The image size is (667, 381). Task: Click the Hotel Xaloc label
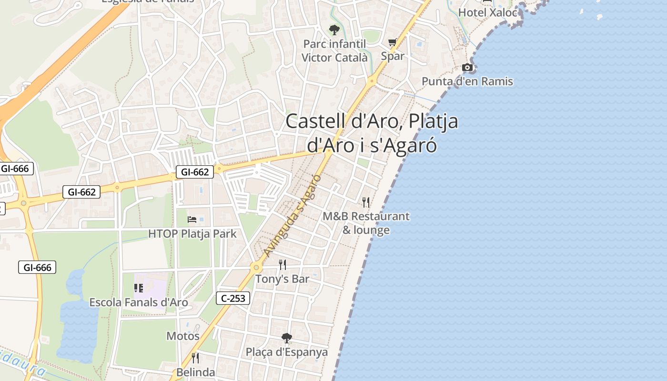[x=487, y=12]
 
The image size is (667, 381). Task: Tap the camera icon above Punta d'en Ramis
[x=468, y=68]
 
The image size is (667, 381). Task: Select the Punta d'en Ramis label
[x=467, y=81]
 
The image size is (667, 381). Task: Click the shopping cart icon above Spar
[x=393, y=42]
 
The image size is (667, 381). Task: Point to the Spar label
[x=393, y=56]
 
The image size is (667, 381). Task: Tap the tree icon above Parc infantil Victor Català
[x=334, y=30]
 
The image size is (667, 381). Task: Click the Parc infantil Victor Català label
[x=334, y=50]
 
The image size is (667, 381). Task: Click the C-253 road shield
[x=233, y=299]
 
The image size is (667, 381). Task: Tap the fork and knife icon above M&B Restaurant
[x=366, y=202]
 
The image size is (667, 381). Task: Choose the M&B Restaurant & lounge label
[x=366, y=223]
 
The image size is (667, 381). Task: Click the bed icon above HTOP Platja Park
[x=192, y=220]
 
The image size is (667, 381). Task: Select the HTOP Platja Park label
[x=192, y=234]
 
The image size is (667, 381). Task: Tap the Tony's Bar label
[x=283, y=279]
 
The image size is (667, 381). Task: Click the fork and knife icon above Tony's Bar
[x=283, y=265]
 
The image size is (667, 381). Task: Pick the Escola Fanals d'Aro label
[x=139, y=302]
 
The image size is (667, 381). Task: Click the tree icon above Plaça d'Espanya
[x=286, y=338]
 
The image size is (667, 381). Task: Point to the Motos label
[x=183, y=336]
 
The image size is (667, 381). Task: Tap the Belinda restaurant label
[x=196, y=372]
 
